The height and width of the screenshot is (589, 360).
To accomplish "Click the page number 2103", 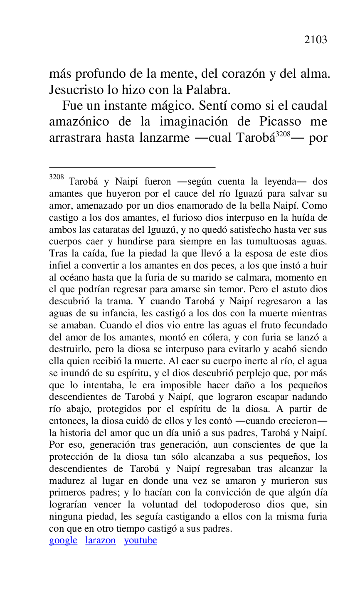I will (x=316, y=40).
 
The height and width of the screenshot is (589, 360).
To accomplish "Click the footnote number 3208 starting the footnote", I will (x=56, y=177).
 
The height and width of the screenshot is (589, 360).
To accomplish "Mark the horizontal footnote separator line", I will (x=132, y=167).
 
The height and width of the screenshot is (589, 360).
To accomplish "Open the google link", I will (x=63, y=540).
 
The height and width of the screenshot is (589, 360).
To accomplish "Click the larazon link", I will (x=101, y=540).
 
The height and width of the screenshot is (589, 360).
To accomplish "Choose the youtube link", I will (x=141, y=540).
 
